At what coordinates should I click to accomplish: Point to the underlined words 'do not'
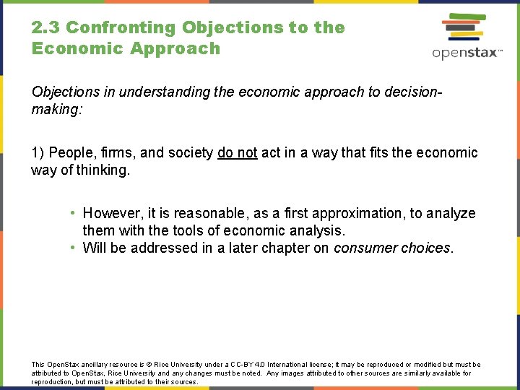pyautogui.click(x=237, y=153)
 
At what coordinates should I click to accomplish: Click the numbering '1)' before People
pyautogui.click(x=38, y=153)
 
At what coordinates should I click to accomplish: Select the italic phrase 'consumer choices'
pyautogui.click(x=392, y=248)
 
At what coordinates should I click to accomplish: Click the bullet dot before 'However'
pyautogui.click(x=74, y=214)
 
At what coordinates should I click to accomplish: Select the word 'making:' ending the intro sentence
pyautogui.click(x=55, y=110)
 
